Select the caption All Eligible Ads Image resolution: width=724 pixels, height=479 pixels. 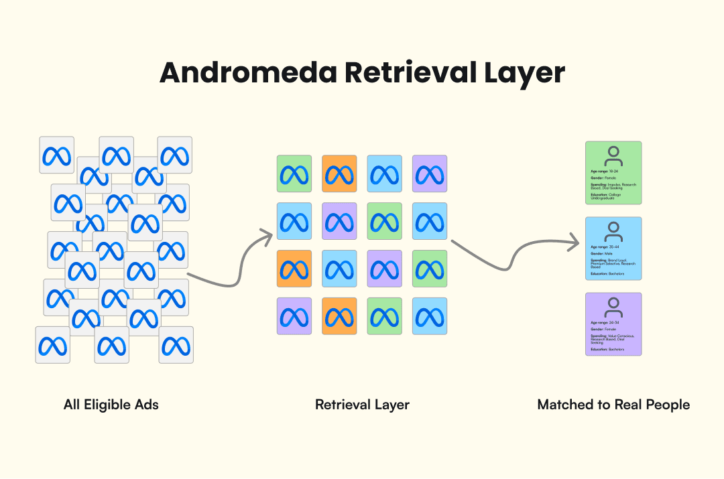tap(111, 405)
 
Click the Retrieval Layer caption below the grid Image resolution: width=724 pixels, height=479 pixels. tap(362, 405)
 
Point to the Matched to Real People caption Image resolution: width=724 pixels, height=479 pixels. tap(613, 405)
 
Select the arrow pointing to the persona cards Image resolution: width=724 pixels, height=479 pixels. tap(516, 257)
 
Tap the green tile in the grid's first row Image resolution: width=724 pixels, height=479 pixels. tap(294, 174)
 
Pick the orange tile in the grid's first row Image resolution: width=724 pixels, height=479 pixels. tap(339, 174)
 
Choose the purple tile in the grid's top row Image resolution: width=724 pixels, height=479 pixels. tap(430, 174)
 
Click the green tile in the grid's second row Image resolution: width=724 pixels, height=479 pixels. tap(385, 221)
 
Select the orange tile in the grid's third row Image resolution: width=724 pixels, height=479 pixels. tap(294, 269)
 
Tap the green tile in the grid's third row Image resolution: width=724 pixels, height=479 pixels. tap(430, 269)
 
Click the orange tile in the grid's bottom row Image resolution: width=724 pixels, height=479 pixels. tap(339, 316)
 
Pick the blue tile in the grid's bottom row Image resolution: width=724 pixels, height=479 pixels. tap(430, 316)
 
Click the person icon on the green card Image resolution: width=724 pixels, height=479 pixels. tap(613, 156)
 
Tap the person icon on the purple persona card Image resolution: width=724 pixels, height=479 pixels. tap(613, 307)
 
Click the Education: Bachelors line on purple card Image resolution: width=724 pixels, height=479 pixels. tap(607, 349)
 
